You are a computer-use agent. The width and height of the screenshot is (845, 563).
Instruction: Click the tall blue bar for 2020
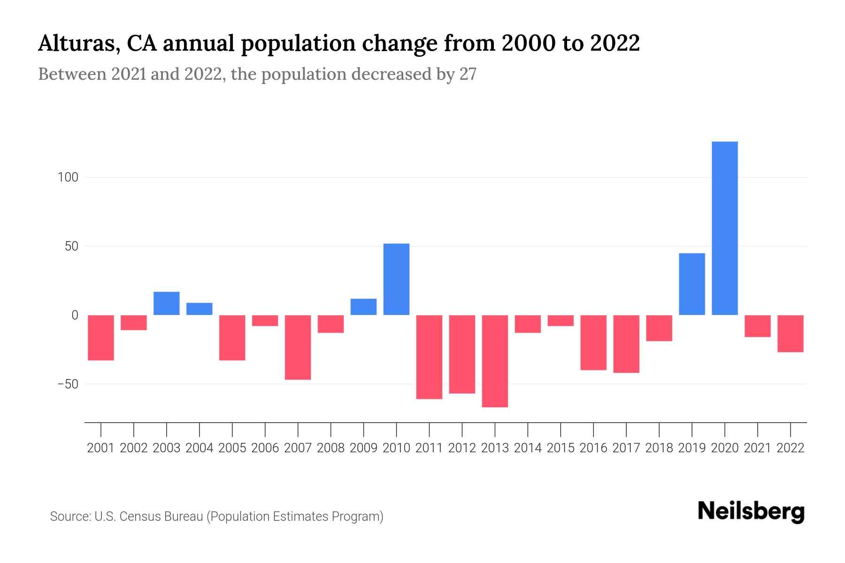click(x=724, y=228)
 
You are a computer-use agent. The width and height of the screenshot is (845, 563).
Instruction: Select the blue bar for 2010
click(x=396, y=279)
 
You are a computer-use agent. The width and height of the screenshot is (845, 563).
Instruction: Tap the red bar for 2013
click(x=495, y=361)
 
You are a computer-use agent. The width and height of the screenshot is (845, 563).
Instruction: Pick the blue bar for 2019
click(x=691, y=284)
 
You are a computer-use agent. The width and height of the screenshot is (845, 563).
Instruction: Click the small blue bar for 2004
click(x=200, y=309)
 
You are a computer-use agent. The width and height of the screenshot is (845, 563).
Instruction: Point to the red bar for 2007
click(x=298, y=347)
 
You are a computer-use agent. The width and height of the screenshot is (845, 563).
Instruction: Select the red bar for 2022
click(x=790, y=334)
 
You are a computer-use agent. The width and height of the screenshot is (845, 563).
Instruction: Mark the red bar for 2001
click(x=101, y=338)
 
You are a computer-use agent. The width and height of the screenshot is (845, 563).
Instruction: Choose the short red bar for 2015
click(x=561, y=320)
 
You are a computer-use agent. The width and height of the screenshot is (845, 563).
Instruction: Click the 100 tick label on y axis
click(x=68, y=177)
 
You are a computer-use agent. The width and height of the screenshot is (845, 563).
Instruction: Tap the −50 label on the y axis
click(x=68, y=384)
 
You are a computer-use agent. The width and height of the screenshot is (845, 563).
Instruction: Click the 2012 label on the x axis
click(x=462, y=448)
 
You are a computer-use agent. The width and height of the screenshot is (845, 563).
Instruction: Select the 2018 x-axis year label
click(x=659, y=448)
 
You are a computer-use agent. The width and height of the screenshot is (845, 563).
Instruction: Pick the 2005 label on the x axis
click(x=232, y=448)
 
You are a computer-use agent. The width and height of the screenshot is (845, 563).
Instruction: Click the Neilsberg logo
click(x=751, y=511)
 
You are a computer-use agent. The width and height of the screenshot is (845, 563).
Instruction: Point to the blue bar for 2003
click(x=167, y=303)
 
